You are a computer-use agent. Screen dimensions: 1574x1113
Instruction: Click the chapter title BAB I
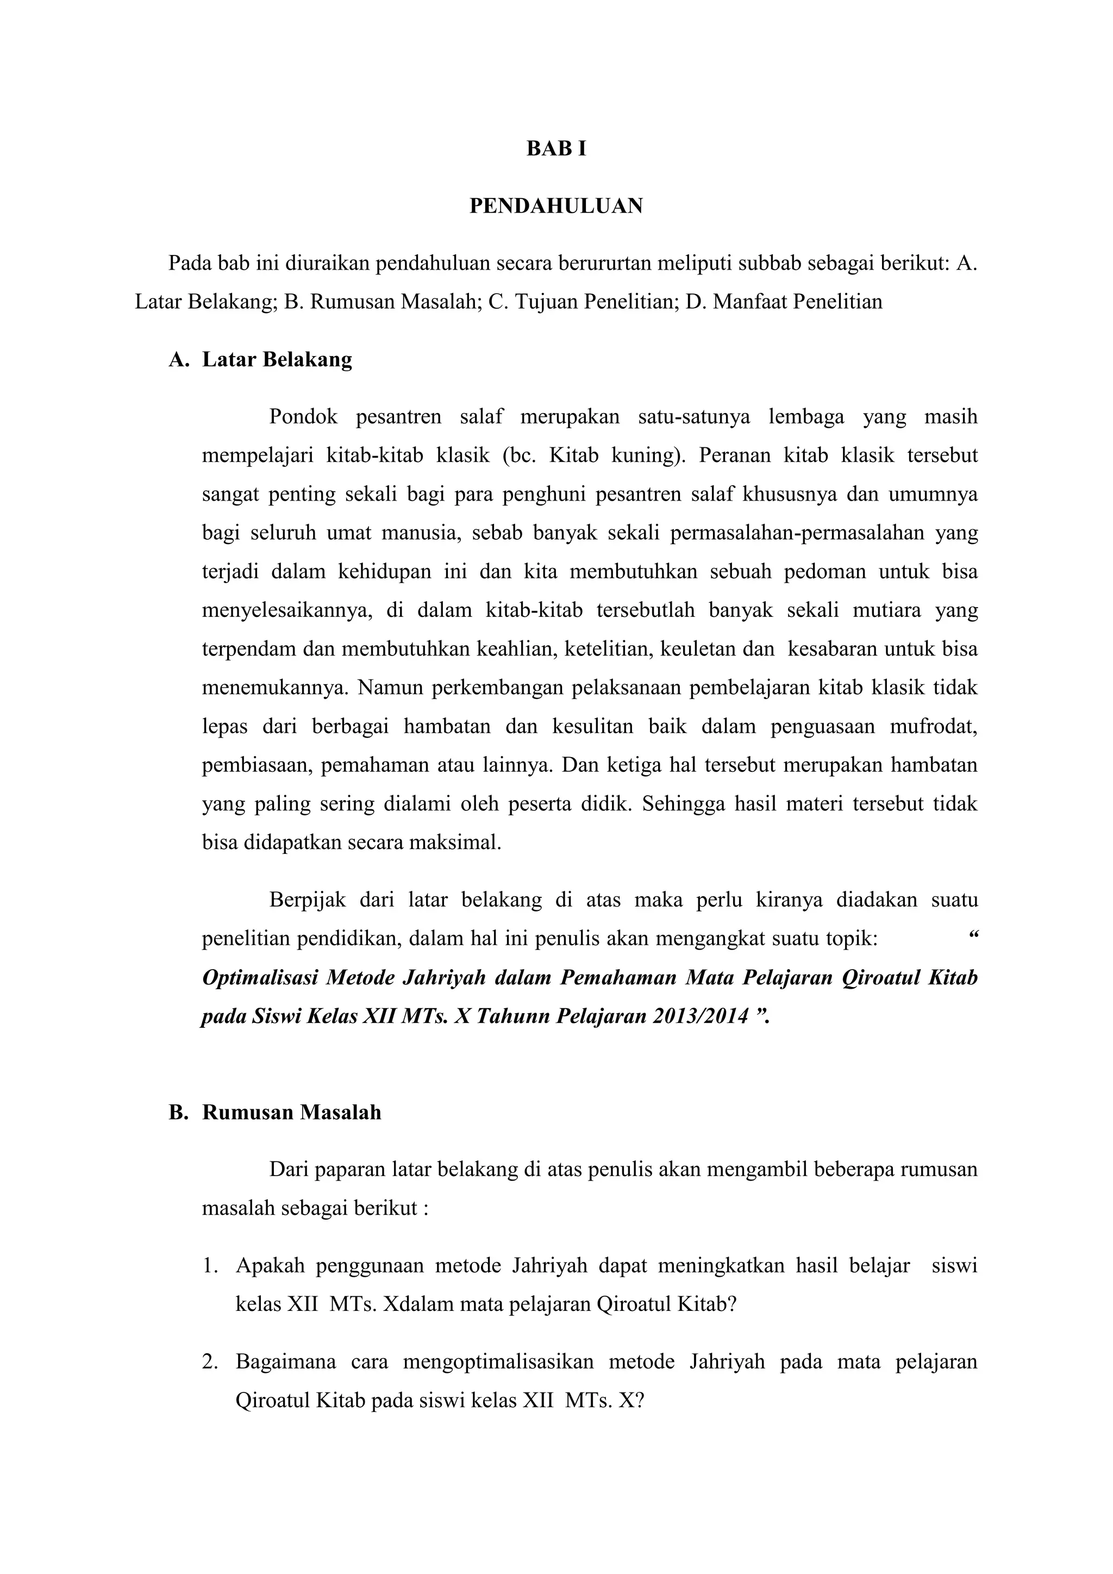pyautogui.click(x=556, y=149)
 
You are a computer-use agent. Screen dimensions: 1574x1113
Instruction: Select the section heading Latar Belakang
pyautogui.click(x=277, y=359)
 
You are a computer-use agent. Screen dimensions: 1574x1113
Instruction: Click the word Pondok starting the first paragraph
pyautogui.click(x=302, y=417)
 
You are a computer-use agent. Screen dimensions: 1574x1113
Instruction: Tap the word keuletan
pyautogui.click(x=698, y=648)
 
